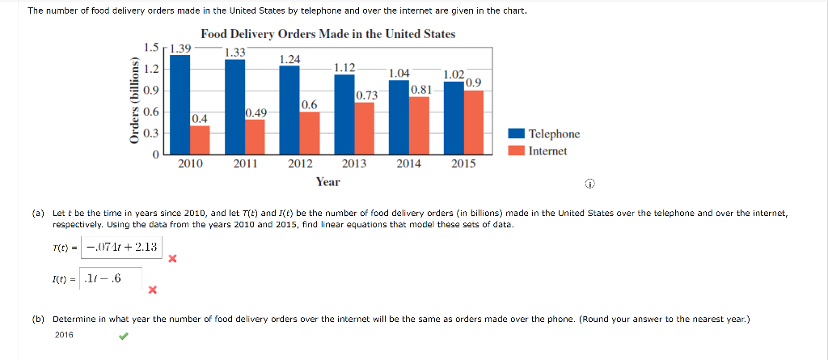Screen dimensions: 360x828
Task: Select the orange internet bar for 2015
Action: pos(474,121)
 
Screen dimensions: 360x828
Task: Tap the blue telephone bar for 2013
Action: pos(344,114)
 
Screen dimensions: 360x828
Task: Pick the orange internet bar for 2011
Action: pos(255,136)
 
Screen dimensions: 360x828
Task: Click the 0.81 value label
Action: pos(420,90)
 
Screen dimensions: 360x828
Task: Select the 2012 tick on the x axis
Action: pos(300,163)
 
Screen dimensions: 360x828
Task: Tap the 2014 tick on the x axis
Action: pos(409,163)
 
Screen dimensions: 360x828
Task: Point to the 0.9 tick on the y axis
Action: pos(150,91)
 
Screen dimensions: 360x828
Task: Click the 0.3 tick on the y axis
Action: pos(150,133)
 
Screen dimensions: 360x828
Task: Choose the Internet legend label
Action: pos(547,150)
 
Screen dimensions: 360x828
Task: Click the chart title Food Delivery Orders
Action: pos(327,34)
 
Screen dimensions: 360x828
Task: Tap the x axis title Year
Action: pos(327,181)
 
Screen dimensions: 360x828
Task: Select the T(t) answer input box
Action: pos(123,247)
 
